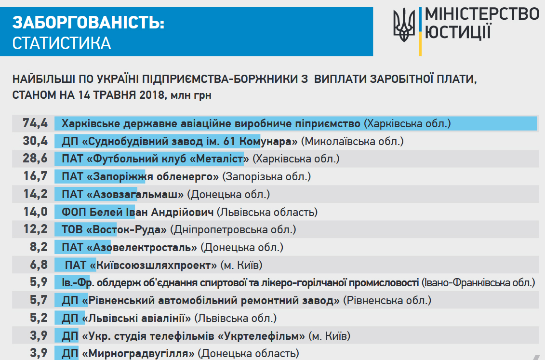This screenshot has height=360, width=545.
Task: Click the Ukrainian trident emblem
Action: click(x=404, y=25)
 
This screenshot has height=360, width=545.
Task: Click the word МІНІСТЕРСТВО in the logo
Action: click(x=482, y=14)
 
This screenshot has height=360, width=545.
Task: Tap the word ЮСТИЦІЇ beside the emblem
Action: click(x=458, y=32)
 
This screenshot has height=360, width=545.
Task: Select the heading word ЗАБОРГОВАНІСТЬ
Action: click(x=88, y=23)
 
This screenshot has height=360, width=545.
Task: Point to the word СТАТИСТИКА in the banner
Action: click(x=62, y=43)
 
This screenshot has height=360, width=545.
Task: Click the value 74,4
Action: click(x=35, y=123)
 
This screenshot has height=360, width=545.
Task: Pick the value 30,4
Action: click(x=35, y=141)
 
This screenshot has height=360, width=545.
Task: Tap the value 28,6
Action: click(x=35, y=159)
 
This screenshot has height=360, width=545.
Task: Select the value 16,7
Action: click(x=36, y=176)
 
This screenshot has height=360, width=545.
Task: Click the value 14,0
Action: click(x=36, y=212)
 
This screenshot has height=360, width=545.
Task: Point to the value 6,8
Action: click(x=39, y=265)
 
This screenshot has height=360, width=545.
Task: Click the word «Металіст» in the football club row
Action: click(x=219, y=159)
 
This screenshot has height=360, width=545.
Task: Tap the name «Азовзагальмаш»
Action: click(x=135, y=194)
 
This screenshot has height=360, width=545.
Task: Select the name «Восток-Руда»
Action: click(x=127, y=230)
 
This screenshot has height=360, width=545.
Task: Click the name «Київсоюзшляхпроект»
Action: click(x=153, y=265)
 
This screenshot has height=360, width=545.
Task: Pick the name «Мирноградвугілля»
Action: click(x=138, y=353)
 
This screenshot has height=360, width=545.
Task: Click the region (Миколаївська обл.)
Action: click(x=352, y=141)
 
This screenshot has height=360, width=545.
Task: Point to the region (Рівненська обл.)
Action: click(x=387, y=300)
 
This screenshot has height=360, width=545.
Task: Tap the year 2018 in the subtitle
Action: click(x=152, y=95)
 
